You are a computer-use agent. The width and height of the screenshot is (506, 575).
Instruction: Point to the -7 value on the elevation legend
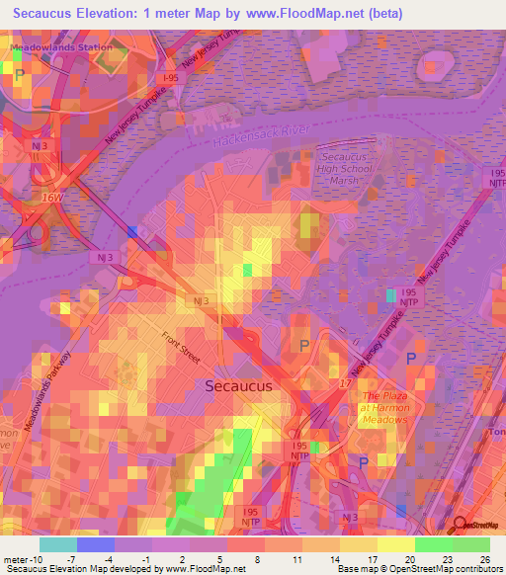tap(85, 559)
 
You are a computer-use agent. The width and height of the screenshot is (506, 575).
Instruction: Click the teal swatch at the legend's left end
tap(57, 544)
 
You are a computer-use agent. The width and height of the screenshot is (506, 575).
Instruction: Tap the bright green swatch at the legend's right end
tap(471, 544)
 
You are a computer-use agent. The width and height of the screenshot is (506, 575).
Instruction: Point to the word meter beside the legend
tap(17, 559)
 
